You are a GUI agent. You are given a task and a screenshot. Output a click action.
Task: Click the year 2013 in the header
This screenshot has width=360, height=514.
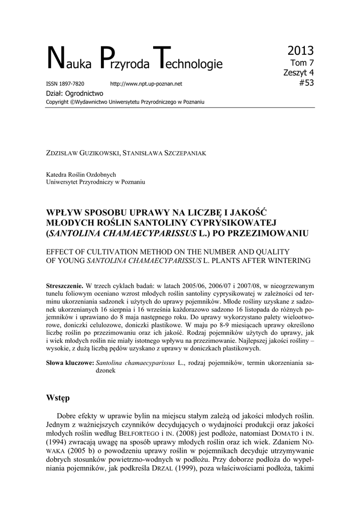point(301,50)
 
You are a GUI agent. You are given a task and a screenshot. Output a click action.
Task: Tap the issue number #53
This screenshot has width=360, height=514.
point(305,83)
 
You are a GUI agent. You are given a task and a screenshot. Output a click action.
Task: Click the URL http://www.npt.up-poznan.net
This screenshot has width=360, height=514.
point(146,84)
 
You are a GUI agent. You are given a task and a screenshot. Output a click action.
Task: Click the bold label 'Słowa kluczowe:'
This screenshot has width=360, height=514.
point(69,362)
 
